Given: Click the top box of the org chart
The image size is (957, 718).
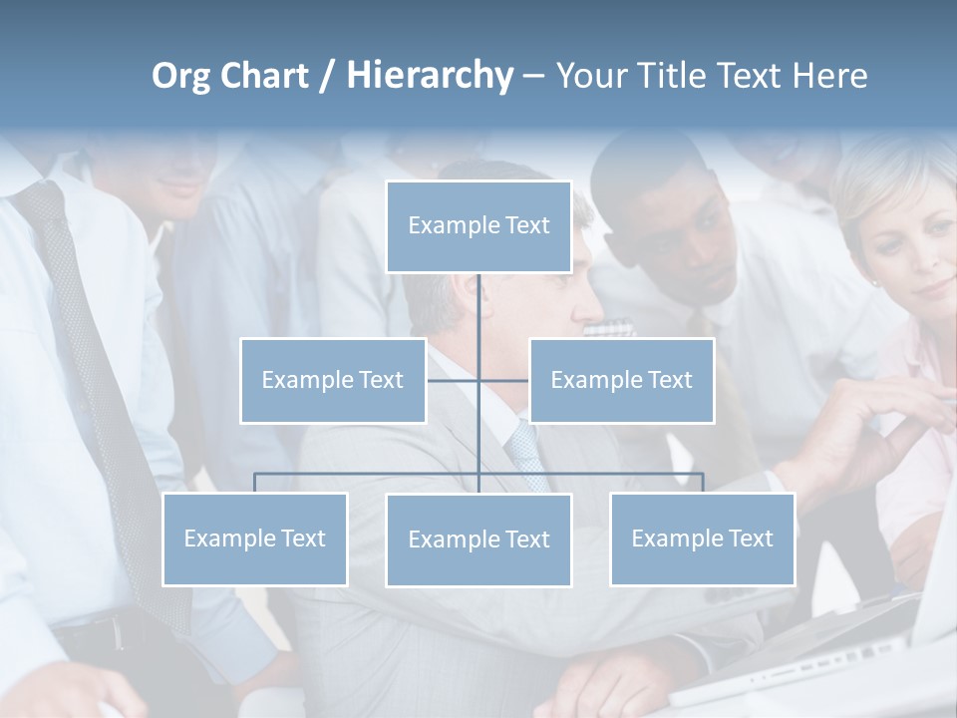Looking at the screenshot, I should click(x=478, y=226).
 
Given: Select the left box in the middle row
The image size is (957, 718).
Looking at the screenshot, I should click(x=333, y=380).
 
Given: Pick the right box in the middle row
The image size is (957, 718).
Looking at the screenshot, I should click(x=621, y=380).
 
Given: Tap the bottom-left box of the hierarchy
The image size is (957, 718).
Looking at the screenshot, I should click(x=255, y=538).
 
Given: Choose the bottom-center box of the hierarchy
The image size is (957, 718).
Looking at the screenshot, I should click(x=478, y=539).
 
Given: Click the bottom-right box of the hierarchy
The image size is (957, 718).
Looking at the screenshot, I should click(x=702, y=538).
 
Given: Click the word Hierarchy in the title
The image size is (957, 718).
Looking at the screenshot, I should click(x=430, y=76).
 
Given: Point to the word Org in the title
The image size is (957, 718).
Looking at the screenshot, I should click(x=180, y=76).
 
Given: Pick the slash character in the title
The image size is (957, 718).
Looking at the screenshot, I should click(x=327, y=77).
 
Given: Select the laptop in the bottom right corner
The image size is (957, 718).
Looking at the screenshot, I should click(x=847, y=658).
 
